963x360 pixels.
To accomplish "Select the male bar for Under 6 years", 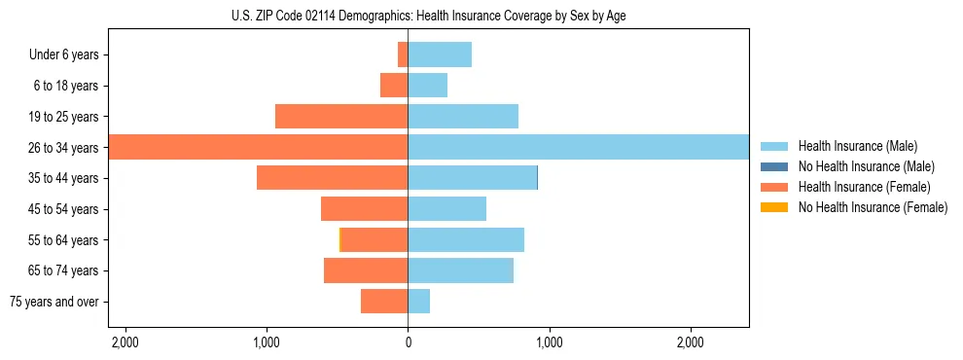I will [x=440, y=54].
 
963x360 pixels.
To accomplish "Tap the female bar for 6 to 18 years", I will [x=394, y=86].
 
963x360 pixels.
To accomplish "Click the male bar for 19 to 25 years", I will [x=463, y=117].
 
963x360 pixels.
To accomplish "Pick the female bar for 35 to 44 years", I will [x=332, y=178].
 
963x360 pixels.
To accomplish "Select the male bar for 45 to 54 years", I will [x=446, y=209].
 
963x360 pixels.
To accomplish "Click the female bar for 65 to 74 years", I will [x=366, y=270].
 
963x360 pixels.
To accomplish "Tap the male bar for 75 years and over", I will [x=418, y=302].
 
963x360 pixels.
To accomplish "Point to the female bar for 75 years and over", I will [x=384, y=302].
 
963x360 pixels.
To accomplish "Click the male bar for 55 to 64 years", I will [x=466, y=240].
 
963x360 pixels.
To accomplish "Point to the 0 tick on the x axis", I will [x=408, y=342].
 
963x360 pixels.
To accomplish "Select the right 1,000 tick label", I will [x=549, y=342].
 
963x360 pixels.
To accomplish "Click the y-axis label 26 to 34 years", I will [x=64, y=148].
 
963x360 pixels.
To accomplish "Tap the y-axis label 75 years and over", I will [x=54, y=302].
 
